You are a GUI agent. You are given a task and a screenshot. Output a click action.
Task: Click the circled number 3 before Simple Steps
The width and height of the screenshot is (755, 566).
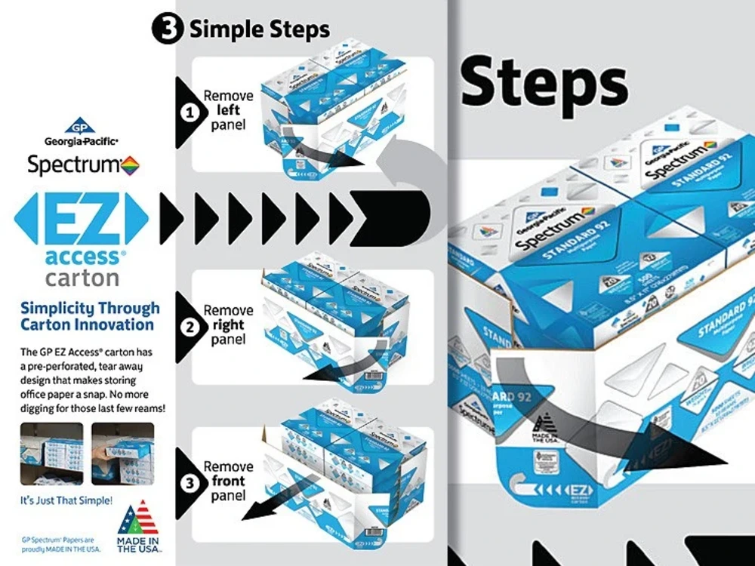(166, 29)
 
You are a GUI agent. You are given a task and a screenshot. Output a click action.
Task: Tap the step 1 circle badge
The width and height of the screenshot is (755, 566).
(192, 112)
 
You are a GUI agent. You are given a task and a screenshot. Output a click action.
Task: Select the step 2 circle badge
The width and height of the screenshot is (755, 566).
(192, 327)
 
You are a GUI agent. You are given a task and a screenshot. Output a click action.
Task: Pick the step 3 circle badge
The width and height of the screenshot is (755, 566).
(192, 481)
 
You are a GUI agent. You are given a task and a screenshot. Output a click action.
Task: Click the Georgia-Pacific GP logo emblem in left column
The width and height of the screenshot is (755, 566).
(81, 126)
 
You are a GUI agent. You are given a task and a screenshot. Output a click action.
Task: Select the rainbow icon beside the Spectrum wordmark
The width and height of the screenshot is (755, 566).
(131, 165)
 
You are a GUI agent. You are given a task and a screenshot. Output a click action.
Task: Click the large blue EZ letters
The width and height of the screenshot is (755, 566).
(81, 217)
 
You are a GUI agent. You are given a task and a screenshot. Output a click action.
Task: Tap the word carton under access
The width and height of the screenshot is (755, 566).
(82, 278)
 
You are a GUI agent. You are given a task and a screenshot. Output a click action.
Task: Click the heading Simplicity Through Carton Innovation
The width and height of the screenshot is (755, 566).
(90, 317)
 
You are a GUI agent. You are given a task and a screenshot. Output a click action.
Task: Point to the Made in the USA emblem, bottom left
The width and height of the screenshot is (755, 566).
(137, 526)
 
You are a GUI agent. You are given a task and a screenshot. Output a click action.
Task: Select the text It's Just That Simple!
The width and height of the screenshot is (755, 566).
(66, 500)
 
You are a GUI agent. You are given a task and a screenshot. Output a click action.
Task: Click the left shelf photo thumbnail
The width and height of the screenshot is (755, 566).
(51, 453)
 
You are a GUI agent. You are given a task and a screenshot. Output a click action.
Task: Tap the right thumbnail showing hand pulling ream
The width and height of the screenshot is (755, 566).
(122, 453)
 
